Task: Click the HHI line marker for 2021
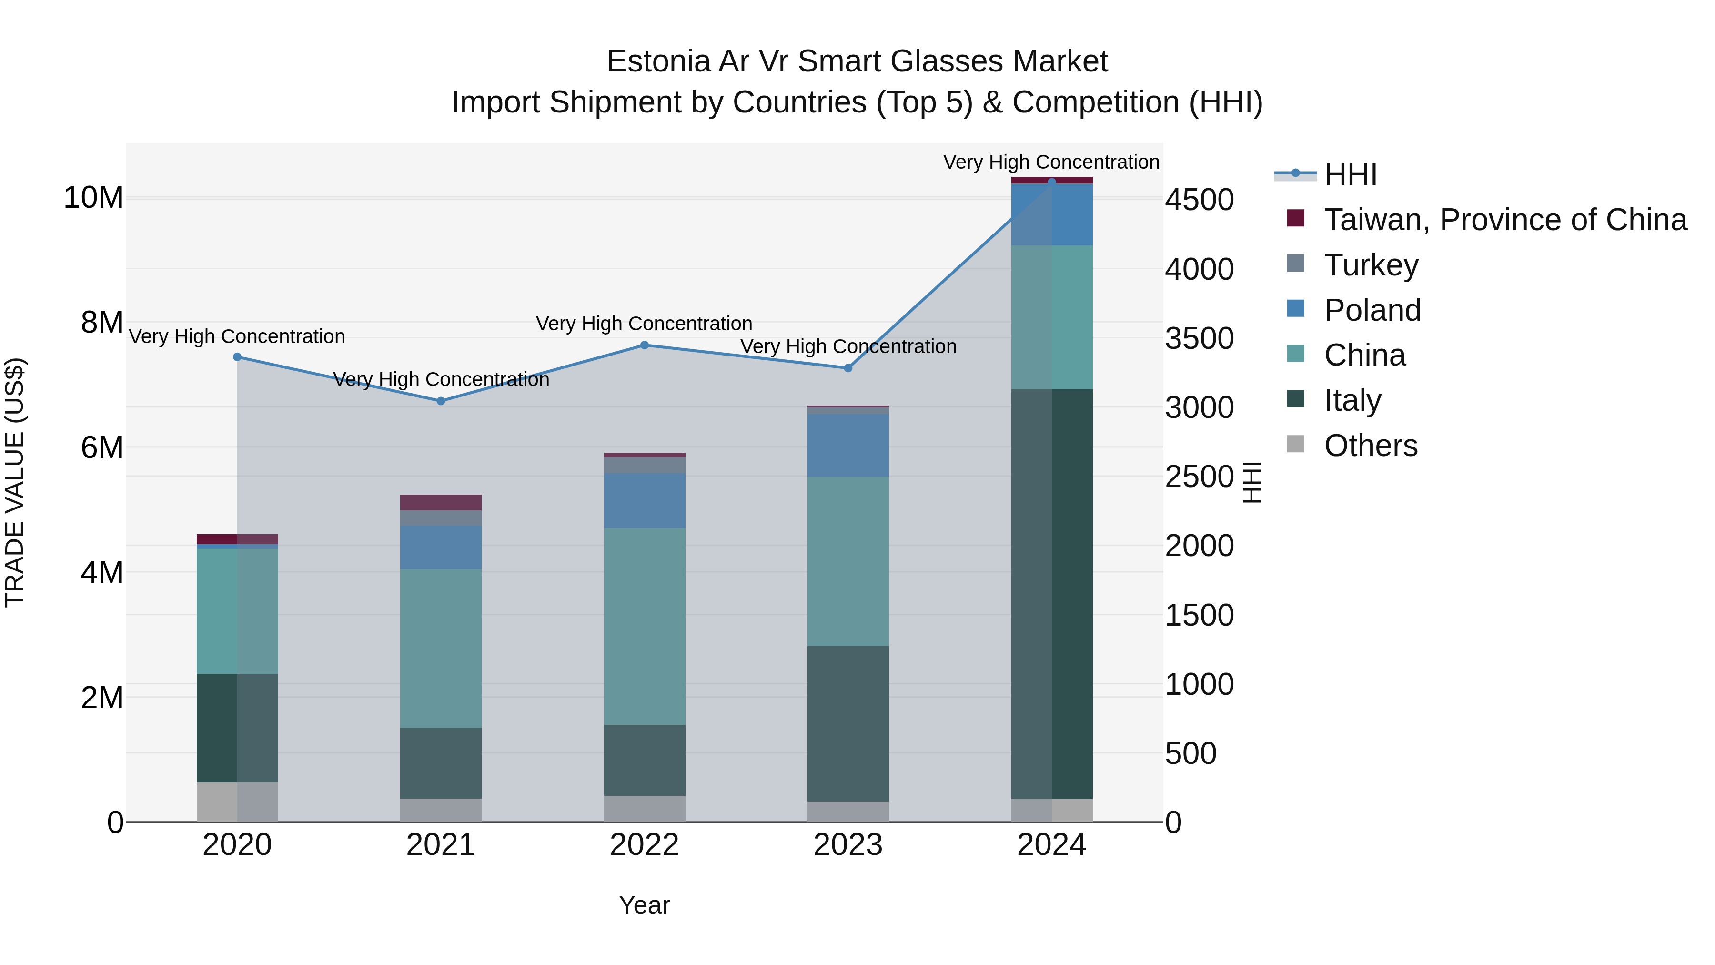[x=441, y=401]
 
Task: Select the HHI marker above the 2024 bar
[x=1052, y=182]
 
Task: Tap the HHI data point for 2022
[x=645, y=345]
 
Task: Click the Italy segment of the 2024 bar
[x=1052, y=593]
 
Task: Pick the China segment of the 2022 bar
[x=645, y=626]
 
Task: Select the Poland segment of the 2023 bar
[x=848, y=445]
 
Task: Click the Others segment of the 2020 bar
[x=237, y=802]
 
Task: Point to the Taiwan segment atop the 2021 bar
[x=441, y=502]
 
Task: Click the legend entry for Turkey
[x=1372, y=265]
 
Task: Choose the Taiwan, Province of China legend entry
[x=1504, y=220]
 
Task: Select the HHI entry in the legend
[x=1350, y=174]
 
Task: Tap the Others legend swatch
[x=1296, y=444]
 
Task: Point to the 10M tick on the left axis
[x=93, y=198]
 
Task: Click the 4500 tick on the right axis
[x=1199, y=200]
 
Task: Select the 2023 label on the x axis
[x=848, y=845]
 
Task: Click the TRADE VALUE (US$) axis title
[x=15, y=482]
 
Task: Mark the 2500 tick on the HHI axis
[x=1199, y=477]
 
